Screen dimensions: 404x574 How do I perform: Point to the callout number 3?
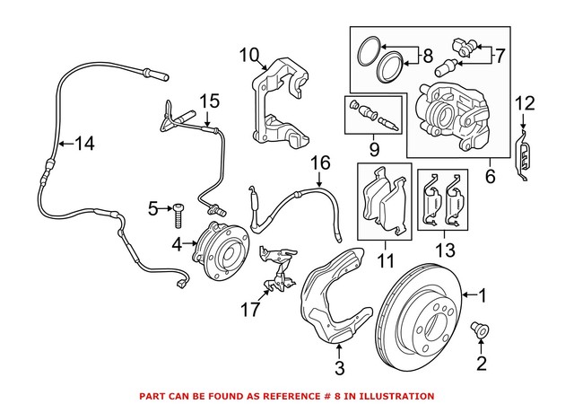click(339, 366)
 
